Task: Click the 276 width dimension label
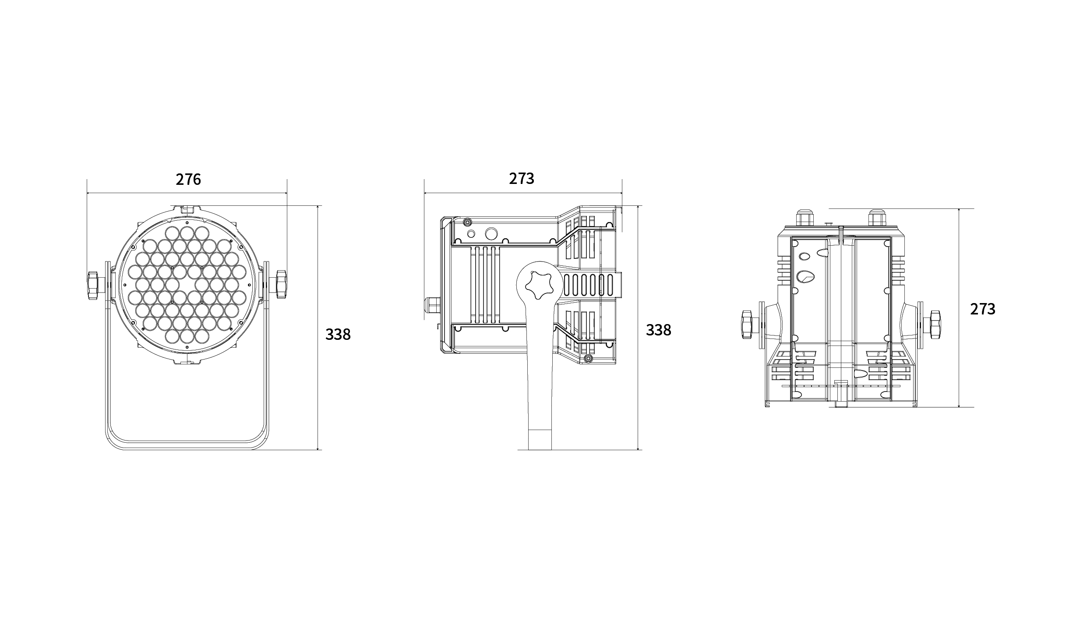[x=188, y=179]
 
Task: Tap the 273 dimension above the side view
[x=522, y=178]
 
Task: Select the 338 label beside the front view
[x=338, y=335]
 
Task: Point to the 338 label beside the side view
[x=659, y=330]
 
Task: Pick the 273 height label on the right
[x=983, y=309]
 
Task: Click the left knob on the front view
[x=93, y=285]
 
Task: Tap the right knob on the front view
[x=281, y=285]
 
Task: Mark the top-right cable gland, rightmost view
[x=876, y=218]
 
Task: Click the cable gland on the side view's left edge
[x=431, y=308]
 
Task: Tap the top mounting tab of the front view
[x=187, y=210]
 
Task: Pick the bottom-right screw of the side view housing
[x=588, y=359]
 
